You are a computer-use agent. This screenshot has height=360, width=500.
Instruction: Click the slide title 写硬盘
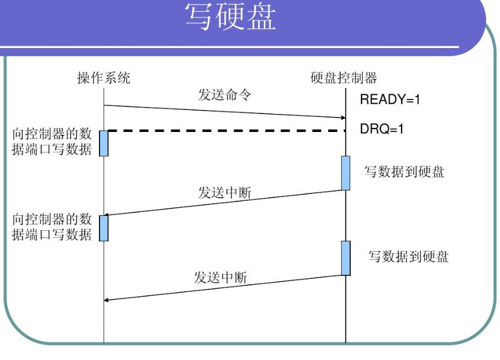(x=230, y=17)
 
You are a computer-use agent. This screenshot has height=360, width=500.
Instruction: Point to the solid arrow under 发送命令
(x=225, y=112)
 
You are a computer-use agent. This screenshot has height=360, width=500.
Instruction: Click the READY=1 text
(x=390, y=100)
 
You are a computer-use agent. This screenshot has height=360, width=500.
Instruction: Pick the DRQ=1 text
(x=382, y=129)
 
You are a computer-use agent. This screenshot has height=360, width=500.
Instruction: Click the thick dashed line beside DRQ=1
(x=226, y=131)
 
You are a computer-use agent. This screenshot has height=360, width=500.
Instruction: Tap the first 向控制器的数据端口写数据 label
(x=52, y=142)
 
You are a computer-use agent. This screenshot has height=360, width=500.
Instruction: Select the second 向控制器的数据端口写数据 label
(x=52, y=227)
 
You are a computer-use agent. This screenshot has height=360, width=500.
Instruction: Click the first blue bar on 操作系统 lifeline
(x=104, y=143)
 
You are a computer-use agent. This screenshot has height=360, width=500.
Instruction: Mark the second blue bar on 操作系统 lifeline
(x=104, y=227)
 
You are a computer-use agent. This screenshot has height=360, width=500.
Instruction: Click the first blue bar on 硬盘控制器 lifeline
(x=345, y=172)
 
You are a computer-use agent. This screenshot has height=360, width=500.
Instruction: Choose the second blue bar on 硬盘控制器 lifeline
(x=345, y=258)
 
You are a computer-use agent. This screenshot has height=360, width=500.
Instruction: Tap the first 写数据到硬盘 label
(x=404, y=172)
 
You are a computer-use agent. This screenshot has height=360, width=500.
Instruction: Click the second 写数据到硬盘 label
(x=409, y=256)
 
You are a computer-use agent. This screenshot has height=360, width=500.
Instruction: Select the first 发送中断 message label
(x=225, y=193)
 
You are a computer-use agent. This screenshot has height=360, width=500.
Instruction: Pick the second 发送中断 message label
(x=220, y=277)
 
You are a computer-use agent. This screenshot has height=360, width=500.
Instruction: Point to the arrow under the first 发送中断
(x=225, y=203)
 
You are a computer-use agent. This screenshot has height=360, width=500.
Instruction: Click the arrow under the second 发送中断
(x=225, y=288)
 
